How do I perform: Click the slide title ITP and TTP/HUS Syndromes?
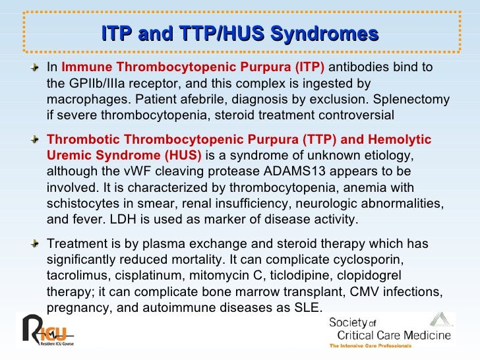240,34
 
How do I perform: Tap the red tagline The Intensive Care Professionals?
370,345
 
